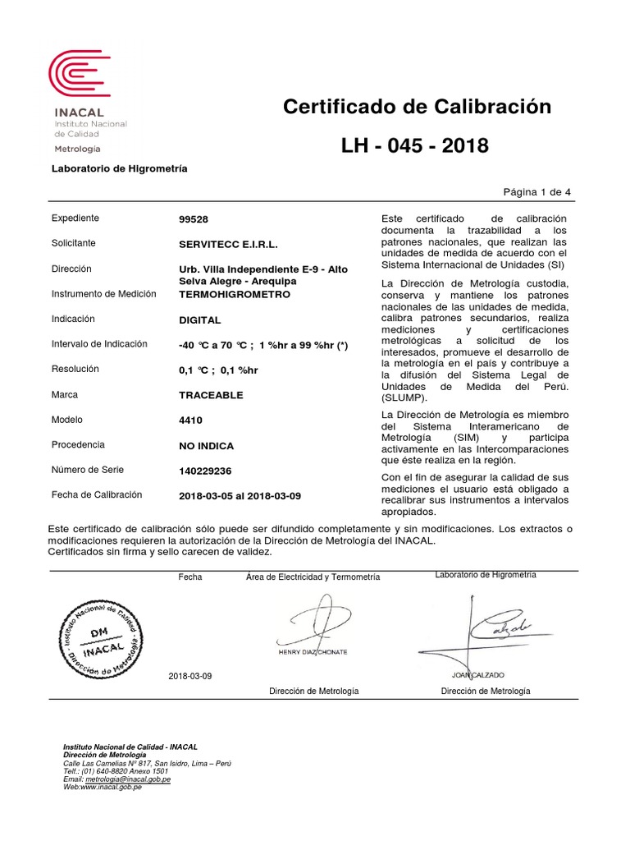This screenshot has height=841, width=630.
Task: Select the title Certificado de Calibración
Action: (x=417, y=107)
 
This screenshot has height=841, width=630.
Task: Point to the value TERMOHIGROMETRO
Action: (x=234, y=294)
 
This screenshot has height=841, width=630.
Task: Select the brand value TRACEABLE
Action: (x=211, y=395)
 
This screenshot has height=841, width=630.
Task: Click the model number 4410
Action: (x=189, y=420)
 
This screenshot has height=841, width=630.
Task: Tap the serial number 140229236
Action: (x=205, y=471)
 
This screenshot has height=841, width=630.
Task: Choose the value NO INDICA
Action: (x=206, y=445)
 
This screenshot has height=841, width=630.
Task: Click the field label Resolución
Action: (x=76, y=370)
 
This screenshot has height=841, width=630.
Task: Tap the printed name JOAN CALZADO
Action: (x=478, y=674)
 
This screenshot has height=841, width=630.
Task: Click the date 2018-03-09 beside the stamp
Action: (x=189, y=675)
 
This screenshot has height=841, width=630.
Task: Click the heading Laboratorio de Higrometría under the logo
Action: (x=120, y=168)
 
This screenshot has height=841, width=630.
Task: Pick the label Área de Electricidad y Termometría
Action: (x=313, y=577)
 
